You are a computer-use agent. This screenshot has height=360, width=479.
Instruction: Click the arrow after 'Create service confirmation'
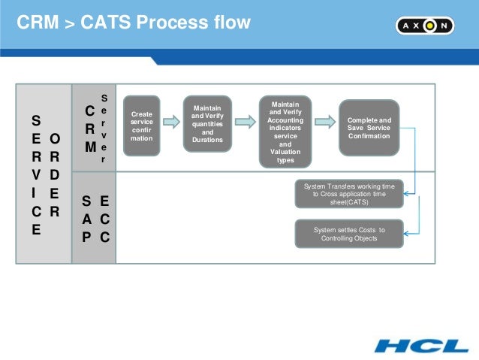click(x=173, y=123)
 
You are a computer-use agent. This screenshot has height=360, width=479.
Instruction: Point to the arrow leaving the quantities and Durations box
click(x=245, y=123)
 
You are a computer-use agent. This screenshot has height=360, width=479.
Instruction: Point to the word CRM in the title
click(x=37, y=23)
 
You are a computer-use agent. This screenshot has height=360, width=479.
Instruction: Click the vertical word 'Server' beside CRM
click(x=104, y=128)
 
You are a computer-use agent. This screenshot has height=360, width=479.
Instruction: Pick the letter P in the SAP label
click(x=87, y=236)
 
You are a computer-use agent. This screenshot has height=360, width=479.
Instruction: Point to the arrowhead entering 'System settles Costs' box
click(x=408, y=234)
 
